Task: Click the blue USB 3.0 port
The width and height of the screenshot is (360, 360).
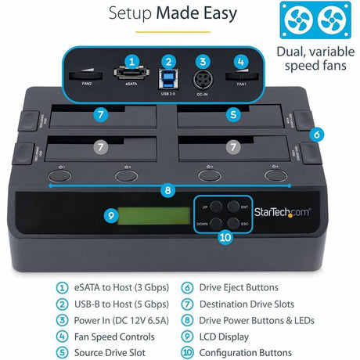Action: click(167, 78)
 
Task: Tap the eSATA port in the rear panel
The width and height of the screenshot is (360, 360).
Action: click(131, 77)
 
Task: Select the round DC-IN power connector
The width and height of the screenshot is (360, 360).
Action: click(203, 79)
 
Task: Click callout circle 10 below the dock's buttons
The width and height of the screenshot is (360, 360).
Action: click(224, 237)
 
